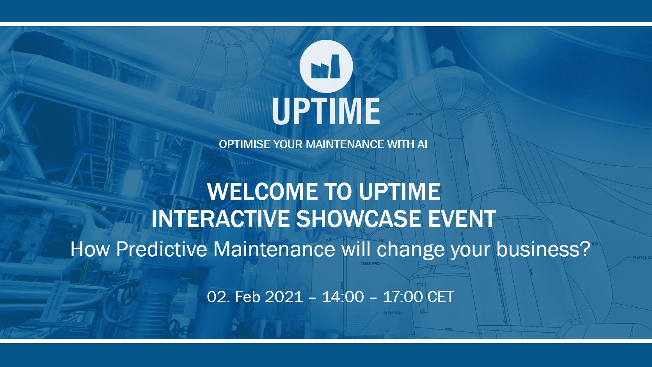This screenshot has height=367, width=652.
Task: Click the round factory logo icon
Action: pyautogui.click(x=326, y=66)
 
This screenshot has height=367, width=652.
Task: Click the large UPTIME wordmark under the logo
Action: pyautogui.click(x=326, y=111)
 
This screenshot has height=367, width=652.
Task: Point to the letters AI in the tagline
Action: pyautogui.click(x=422, y=144)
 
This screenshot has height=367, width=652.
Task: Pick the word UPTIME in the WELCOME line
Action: pyautogui.click(x=399, y=191)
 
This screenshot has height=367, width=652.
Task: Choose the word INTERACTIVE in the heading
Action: pyautogui.click(x=220, y=218)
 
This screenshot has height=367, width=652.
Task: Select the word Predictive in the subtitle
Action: pyautogui.click(x=162, y=249)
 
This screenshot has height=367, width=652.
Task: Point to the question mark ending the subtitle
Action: pyautogui.click(x=585, y=249)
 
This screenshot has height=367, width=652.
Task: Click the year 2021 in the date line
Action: pyautogui.click(x=284, y=297)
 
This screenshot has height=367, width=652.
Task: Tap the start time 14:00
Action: pyautogui.click(x=343, y=297)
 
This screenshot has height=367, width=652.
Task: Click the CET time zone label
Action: pyautogui.click(x=441, y=297)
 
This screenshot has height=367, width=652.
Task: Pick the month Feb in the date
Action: pyautogui.click(x=247, y=297)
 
